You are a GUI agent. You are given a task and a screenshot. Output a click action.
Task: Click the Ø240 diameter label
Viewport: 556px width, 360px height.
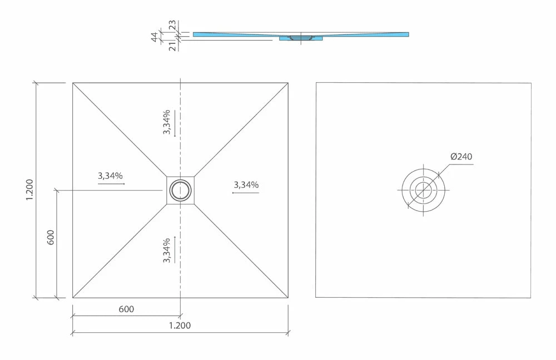click(461, 157)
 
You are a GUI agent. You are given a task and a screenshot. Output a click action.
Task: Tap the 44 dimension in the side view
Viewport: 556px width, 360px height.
click(155, 37)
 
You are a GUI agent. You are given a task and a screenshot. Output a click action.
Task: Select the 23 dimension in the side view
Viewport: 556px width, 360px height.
click(172, 25)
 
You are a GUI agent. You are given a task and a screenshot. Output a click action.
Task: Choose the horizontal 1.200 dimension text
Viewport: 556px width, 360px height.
click(179, 326)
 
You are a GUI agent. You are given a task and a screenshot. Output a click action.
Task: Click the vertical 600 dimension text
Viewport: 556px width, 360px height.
click(51, 238)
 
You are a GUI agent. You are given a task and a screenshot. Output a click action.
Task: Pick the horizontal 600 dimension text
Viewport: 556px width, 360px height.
click(126, 309)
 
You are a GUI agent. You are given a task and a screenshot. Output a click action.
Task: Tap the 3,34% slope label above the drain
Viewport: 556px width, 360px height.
click(167, 122)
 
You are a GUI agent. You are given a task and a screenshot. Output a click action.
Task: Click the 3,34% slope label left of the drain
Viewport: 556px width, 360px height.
click(110, 176)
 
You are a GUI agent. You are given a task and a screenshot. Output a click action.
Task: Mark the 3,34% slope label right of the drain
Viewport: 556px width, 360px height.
click(246, 184)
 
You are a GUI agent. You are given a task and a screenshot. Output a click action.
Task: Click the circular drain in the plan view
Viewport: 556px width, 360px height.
click(180, 190)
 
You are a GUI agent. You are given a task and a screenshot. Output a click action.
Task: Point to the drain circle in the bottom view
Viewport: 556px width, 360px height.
click(423, 189)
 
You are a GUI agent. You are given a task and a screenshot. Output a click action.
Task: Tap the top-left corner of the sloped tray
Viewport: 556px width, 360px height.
click(73, 83)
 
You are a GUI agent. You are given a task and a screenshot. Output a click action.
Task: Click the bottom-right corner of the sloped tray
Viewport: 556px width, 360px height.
click(288, 297)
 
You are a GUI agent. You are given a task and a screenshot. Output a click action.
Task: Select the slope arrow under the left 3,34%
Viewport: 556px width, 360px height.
click(111, 183)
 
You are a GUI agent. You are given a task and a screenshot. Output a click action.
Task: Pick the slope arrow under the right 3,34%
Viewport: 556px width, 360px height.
click(245, 192)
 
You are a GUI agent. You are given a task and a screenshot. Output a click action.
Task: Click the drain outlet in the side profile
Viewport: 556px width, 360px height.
click(301, 38)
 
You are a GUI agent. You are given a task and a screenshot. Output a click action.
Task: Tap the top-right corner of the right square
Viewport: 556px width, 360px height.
click(531, 83)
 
